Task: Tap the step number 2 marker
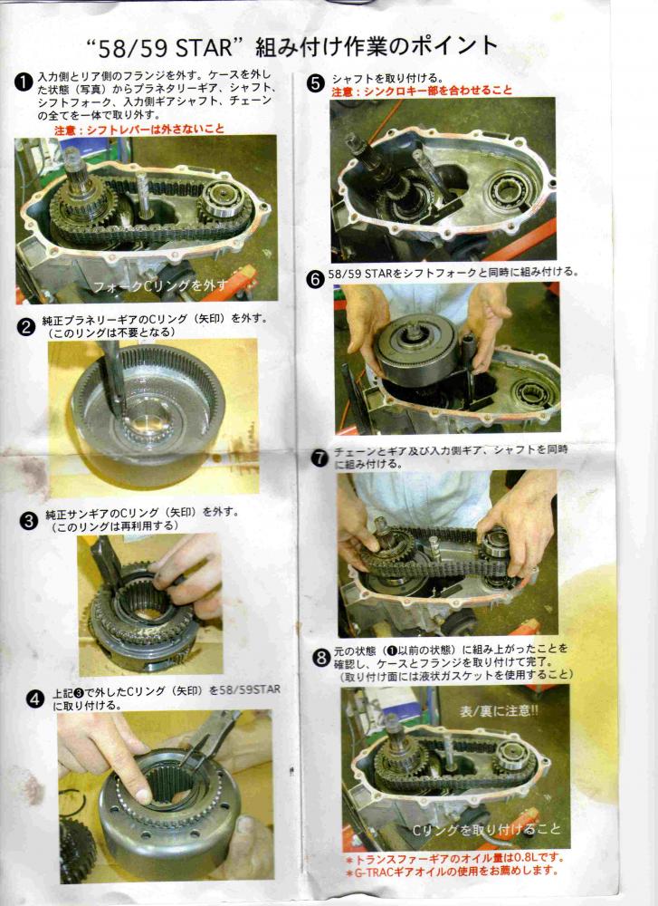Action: (x=26, y=328)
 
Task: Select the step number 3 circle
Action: (x=28, y=521)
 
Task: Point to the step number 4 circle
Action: (x=35, y=699)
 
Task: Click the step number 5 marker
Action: (x=316, y=83)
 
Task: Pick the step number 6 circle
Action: (x=316, y=280)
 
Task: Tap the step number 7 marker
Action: (x=319, y=458)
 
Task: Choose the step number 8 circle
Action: (x=321, y=658)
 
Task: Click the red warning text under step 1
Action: (x=139, y=129)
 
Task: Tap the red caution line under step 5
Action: (x=422, y=91)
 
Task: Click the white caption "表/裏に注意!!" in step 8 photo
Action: (x=500, y=710)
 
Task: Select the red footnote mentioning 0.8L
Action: (x=455, y=859)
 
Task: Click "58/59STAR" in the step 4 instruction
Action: (x=250, y=689)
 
